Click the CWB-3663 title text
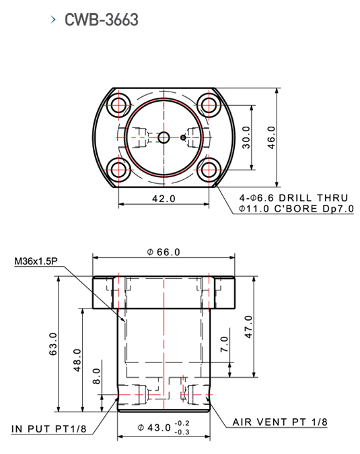(102, 20)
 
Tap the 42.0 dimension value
(164, 199)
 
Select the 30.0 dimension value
(246, 137)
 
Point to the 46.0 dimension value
(271, 137)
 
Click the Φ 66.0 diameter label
(164, 252)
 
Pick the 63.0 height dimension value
(53, 344)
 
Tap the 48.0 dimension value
(77, 360)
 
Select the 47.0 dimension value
(248, 327)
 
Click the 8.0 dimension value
(97, 376)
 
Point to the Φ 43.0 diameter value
(154, 427)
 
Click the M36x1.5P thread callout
(36, 261)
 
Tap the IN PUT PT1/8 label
(49, 428)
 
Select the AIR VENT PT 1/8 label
(280, 422)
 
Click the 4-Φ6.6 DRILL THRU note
(293, 198)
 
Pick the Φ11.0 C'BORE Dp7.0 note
(296, 208)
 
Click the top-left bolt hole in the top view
(119, 105)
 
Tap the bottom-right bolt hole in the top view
(209, 170)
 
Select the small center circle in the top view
(164, 137)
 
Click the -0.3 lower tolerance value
(182, 432)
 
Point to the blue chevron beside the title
(53, 20)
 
